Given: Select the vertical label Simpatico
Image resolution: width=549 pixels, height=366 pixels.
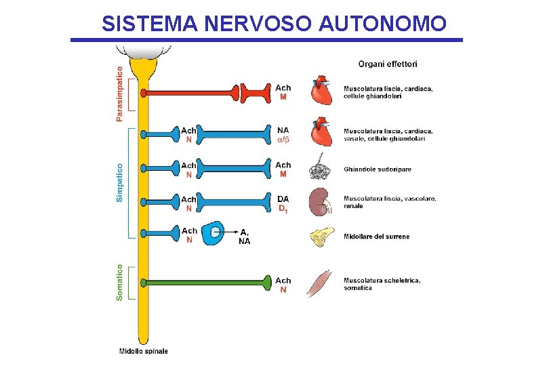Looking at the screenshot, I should (120, 182).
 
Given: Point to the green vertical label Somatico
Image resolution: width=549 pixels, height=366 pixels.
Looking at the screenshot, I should (120, 283).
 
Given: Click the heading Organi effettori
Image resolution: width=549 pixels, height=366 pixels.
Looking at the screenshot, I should (388, 64).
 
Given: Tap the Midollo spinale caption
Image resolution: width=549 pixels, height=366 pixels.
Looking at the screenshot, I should (143, 351).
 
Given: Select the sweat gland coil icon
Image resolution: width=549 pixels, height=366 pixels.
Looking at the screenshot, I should (320, 169).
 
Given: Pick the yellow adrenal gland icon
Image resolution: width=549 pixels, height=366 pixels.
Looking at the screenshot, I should (321, 237).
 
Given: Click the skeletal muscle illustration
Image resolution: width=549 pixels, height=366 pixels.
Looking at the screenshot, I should (320, 283).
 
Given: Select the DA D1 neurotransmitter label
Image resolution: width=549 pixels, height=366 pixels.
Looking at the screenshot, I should (283, 203).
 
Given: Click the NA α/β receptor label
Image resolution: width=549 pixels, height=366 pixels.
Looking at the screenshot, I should (283, 134).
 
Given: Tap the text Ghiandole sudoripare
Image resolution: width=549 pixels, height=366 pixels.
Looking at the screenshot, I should (377, 169).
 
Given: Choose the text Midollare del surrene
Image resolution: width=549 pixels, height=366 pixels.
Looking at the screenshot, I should (376, 237).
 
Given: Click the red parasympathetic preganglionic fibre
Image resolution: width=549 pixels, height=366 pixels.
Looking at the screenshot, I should (190, 91).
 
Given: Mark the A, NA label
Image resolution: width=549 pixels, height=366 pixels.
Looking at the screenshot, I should (245, 237).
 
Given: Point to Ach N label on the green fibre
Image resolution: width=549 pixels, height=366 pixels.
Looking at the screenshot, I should (283, 285).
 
